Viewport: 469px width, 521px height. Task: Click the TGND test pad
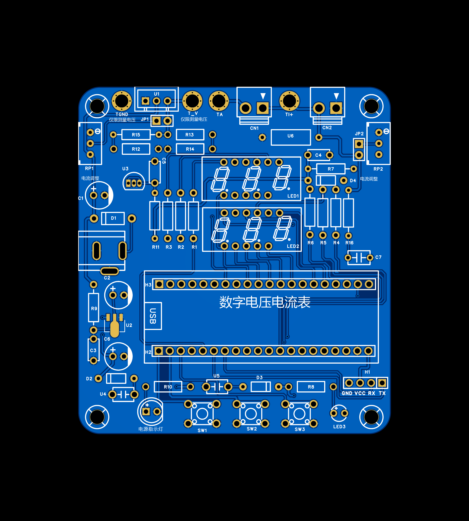[x=122, y=101]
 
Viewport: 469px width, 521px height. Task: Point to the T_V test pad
[x=192, y=101]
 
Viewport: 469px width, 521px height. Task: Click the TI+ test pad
[x=289, y=101]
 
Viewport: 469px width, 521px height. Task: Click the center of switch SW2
[x=251, y=414]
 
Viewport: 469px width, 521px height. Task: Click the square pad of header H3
[x=159, y=284]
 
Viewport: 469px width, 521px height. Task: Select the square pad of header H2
[x=159, y=351]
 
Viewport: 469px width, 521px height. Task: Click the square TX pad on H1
[x=382, y=383]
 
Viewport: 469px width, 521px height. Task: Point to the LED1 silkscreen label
[x=293, y=196]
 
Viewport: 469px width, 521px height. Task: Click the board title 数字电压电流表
[x=265, y=302]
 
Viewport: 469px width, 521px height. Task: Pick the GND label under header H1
[x=347, y=393]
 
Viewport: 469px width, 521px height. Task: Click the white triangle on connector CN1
[x=263, y=96]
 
